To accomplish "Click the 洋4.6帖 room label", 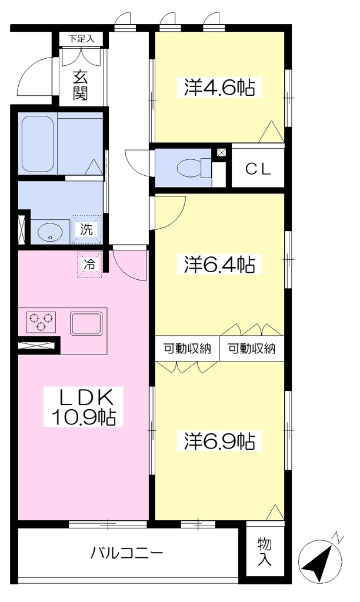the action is [219, 87].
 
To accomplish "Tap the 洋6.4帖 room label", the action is [219, 264].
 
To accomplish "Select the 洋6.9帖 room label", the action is [219, 441].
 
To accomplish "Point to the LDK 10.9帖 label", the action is [84, 407].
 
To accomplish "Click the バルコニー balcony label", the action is [127, 553].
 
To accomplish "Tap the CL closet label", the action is [259, 169].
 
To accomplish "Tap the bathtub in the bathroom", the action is [37, 143].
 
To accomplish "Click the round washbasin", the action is [51, 232].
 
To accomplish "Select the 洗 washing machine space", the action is [86, 229].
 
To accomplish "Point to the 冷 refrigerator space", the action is [89, 264].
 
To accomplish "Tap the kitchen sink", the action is [86, 323].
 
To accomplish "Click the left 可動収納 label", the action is [188, 349].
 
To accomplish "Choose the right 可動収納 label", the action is [252, 349].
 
